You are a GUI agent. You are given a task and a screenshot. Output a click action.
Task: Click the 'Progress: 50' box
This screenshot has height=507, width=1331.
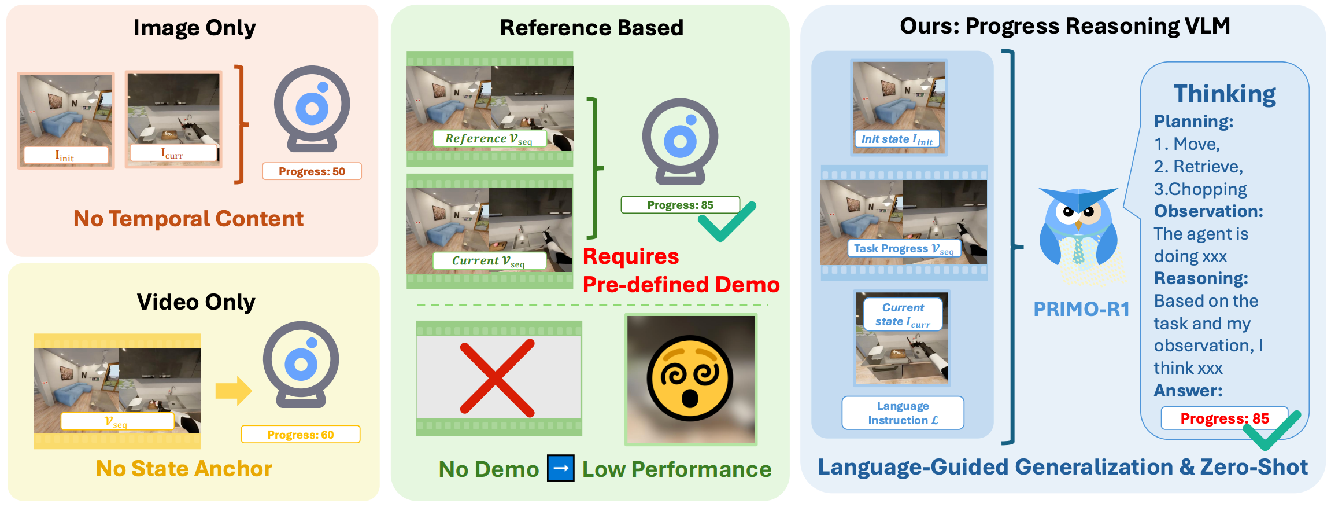(x=312, y=171)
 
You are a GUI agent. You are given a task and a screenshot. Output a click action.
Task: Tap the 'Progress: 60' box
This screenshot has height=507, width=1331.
(x=301, y=435)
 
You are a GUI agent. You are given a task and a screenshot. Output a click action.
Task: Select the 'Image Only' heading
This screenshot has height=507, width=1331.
(x=194, y=28)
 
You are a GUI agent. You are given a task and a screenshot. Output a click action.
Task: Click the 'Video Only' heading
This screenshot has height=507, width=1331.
(x=196, y=302)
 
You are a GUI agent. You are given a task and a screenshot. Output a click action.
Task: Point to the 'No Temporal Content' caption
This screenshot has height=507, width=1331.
(x=188, y=219)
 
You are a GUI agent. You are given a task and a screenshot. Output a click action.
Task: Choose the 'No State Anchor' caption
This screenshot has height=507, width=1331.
(x=184, y=469)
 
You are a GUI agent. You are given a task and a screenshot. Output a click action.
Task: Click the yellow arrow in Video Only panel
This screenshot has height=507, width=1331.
(x=234, y=391)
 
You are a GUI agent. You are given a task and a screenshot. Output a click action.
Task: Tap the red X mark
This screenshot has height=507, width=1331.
(x=497, y=378)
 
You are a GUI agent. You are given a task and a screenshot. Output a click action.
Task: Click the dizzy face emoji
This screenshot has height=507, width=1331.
(x=690, y=380)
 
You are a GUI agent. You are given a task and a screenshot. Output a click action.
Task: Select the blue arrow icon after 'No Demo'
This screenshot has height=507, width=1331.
(x=561, y=468)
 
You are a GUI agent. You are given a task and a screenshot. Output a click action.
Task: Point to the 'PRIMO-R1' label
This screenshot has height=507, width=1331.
(x=1081, y=310)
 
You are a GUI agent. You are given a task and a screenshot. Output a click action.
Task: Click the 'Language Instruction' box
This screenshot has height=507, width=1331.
(x=903, y=413)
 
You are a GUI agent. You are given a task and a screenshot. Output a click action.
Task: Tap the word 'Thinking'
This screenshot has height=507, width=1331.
(x=1224, y=94)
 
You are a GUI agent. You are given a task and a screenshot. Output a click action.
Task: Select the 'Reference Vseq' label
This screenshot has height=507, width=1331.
(x=489, y=139)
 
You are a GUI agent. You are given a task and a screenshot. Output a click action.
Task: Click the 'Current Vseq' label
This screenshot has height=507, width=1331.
(x=489, y=261)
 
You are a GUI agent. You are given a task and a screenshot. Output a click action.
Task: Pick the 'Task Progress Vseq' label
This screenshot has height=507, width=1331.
(x=904, y=249)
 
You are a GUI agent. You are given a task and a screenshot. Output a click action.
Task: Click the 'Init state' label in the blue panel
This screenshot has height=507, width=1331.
(x=896, y=139)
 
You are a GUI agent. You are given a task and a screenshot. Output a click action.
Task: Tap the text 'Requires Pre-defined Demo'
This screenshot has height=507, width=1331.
(x=681, y=271)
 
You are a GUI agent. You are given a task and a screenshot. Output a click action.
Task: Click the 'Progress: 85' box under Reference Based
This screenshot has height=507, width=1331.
(x=680, y=205)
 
